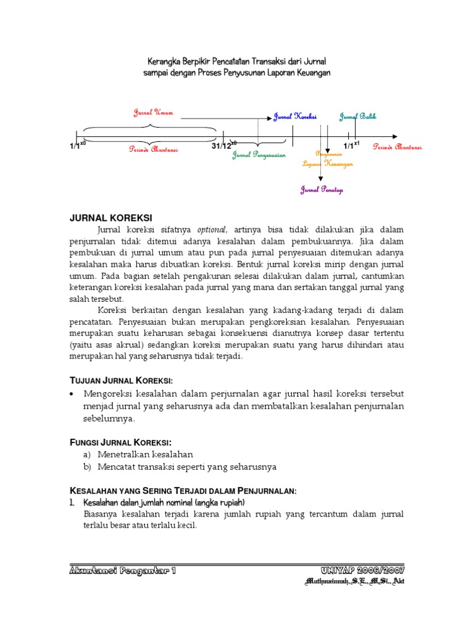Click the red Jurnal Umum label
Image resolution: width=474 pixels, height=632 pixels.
coord(154,112)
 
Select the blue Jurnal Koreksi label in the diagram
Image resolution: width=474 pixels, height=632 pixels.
coord(295,117)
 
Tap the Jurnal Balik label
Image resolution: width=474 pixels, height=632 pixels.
coord(357,117)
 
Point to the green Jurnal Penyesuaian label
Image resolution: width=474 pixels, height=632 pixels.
coord(259,155)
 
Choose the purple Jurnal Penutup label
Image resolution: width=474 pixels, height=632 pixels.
coord(322,190)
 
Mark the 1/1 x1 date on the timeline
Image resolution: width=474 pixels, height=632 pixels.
coord(351,146)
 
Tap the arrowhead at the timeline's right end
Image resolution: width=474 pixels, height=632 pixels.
coord(393,136)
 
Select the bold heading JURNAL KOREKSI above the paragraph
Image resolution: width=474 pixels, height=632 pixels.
coord(110,217)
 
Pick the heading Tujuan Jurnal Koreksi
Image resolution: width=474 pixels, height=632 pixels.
coord(120,378)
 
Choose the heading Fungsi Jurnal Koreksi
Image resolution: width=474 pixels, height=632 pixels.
coord(119,442)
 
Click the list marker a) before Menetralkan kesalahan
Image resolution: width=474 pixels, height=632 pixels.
coord(87,454)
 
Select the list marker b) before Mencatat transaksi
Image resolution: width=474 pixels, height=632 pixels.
coord(87,467)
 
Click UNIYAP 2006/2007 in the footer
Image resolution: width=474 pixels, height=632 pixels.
coord(362,570)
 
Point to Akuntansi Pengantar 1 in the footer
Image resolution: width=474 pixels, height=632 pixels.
coord(123,570)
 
